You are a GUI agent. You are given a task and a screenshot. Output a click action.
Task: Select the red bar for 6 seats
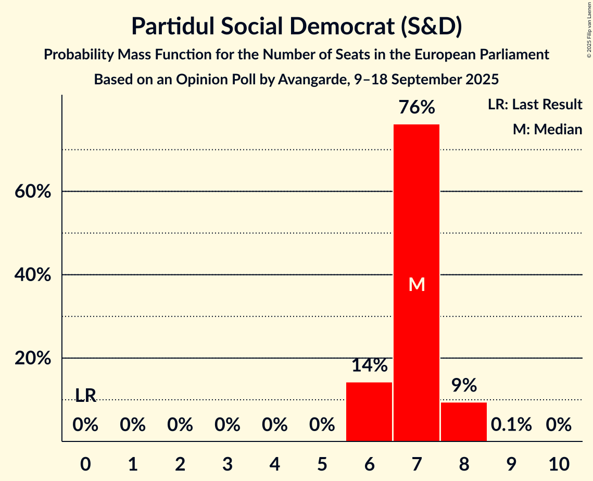pyautogui.click(x=369, y=412)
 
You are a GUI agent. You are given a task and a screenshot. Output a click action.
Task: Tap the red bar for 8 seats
pyautogui.click(x=464, y=422)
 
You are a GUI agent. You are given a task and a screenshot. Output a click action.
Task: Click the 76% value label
pyautogui.click(x=417, y=108)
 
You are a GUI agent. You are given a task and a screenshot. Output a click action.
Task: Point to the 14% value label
pyautogui.click(x=369, y=365)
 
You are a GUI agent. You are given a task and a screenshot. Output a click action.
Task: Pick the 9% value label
pyautogui.click(x=464, y=385)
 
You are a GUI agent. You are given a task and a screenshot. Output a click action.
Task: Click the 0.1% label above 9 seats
pyautogui.click(x=511, y=425)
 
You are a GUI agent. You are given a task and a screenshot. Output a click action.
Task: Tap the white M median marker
pyautogui.click(x=417, y=284)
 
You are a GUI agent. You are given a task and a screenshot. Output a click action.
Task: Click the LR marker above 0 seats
pyautogui.click(x=86, y=396)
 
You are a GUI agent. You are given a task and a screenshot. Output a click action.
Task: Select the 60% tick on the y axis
pyautogui.click(x=33, y=192)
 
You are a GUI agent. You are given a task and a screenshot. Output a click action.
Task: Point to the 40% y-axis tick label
pyautogui.click(x=33, y=275)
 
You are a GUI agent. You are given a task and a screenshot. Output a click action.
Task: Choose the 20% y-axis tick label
pyautogui.click(x=33, y=359)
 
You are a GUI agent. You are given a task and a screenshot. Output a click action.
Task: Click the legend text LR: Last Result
pyautogui.click(x=535, y=105)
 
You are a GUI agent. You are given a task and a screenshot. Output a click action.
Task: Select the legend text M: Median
pyautogui.click(x=547, y=129)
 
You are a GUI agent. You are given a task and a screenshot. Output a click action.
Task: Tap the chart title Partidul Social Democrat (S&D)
pyautogui.click(x=296, y=27)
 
